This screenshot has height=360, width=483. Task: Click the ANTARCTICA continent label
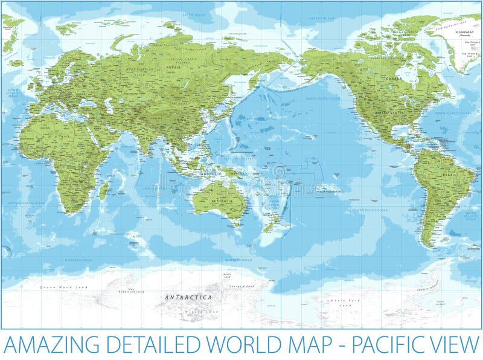tap(189, 297)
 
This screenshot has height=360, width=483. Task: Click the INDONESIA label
tap(210, 174)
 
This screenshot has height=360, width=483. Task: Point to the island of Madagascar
tap(104, 191)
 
